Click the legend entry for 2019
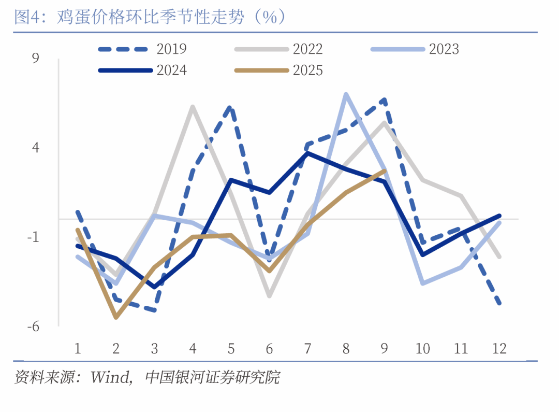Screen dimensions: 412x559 tap(171, 49)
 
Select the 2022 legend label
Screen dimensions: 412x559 tap(307, 49)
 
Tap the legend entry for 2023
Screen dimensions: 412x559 tap(444, 49)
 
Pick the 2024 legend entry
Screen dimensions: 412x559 tap(171, 70)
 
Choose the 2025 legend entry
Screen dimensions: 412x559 tap(307, 70)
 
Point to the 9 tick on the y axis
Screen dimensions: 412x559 tap(35, 59)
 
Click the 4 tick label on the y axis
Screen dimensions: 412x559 tap(35, 148)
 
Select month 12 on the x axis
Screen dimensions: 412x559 tap(499, 348)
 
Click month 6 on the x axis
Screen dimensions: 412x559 tap(269, 348)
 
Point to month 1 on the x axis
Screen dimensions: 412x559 tap(78, 348)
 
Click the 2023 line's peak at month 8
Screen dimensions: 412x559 tap(346, 94)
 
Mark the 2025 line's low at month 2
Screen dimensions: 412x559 tap(116, 317)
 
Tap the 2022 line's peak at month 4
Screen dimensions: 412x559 tap(193, 107)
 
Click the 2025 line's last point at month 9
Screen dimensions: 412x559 tap(384, 171)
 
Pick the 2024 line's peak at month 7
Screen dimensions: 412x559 tap(307, 153)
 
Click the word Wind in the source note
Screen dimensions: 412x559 tap(110, 377)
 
